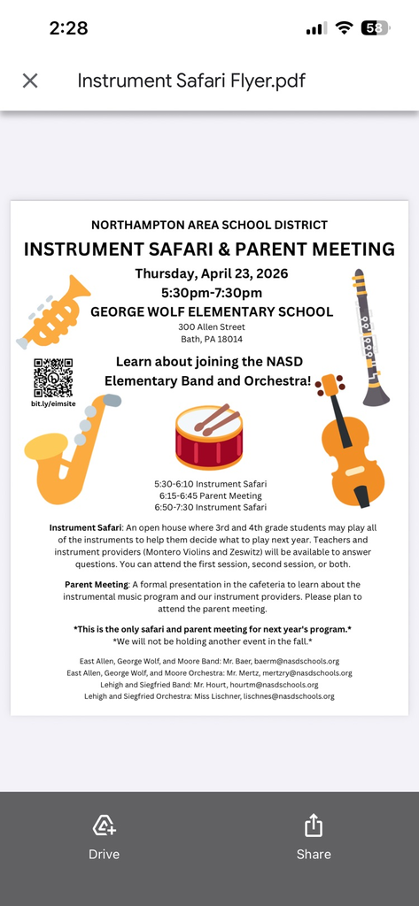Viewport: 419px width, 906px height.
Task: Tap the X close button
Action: point(30,81)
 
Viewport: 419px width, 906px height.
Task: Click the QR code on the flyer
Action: point(53,378)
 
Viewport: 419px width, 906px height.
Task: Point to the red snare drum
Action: point(209,437)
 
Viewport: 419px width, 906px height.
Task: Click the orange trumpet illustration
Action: point(56,311)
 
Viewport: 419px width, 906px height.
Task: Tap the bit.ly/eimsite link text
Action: point(53,404)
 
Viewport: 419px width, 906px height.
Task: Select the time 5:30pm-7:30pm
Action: point(211,293)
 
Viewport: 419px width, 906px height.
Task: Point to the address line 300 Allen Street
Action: point(211,326)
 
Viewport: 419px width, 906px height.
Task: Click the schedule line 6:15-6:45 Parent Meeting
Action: point(209,496)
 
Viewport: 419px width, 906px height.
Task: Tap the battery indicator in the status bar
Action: point(376,27)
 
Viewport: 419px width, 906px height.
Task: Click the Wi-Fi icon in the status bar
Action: point(344,27)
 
